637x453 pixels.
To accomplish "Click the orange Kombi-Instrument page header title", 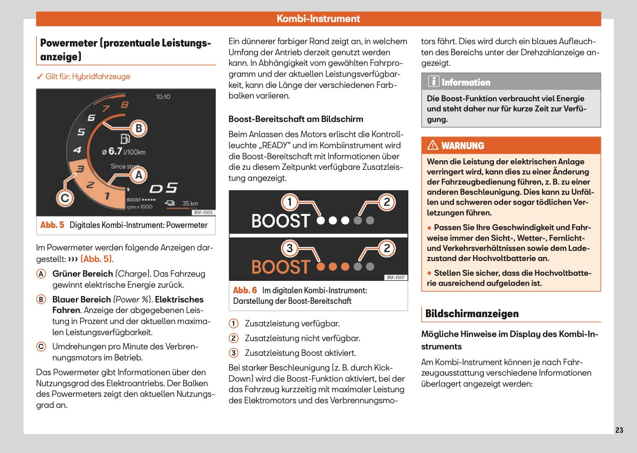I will (318, 19).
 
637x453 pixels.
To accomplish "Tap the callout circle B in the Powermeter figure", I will (138, 128).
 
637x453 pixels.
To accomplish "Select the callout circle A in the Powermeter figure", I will (138, 175).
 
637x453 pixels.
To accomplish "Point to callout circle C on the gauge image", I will (65, 198).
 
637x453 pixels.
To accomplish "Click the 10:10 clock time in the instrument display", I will (163, 97).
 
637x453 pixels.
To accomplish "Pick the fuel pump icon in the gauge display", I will (125, 139).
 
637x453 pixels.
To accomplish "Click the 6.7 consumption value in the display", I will (115, 151).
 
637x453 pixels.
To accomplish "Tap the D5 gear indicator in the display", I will (163, 188).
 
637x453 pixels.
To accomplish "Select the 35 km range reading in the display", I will (190, 203).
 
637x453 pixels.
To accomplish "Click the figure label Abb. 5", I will (52, 225).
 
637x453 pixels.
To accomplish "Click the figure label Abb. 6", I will (245, 290).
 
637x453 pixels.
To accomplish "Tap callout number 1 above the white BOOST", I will (290, 202).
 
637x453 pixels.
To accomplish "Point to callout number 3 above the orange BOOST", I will (290, 249).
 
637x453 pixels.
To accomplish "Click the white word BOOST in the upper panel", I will (281, 221).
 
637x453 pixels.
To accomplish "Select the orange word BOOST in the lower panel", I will (281, 267).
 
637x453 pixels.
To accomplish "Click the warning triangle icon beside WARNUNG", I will (432, 145).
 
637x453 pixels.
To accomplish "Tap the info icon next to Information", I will (433, 81).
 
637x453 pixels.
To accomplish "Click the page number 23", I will (619, 430).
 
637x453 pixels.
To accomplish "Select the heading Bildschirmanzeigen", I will (472, 314).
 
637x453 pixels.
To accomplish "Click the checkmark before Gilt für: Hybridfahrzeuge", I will (40, 76).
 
